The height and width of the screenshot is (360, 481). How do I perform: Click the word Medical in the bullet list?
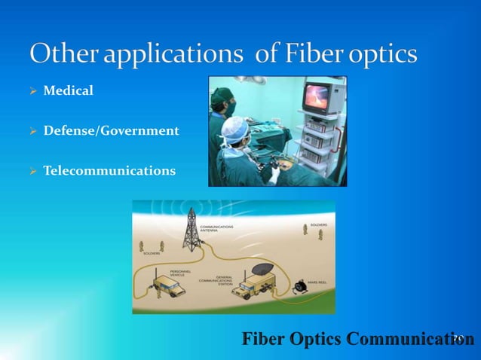point(68,91)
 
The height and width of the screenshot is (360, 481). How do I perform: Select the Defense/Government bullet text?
point(111,131)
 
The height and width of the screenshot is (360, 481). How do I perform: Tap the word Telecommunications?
point(109,171)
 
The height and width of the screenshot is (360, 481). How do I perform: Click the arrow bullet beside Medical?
point(32,92)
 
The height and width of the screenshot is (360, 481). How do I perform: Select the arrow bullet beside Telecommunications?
point(32,172)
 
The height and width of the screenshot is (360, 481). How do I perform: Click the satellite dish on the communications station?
point(261,269)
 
